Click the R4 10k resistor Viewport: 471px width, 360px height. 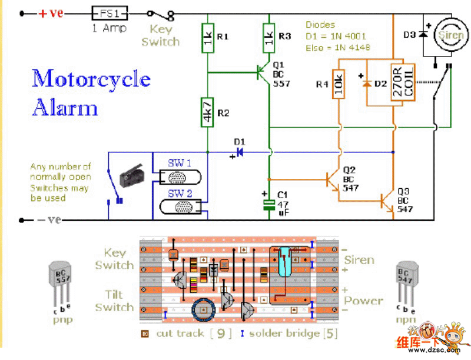pyautogui.click(x=339, y=84)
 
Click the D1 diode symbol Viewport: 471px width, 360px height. pyautogui.click(x=239, y=152)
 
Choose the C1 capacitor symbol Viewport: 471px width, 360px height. pyautogui.click(x=269, y=204)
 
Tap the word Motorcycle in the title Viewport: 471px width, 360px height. pyautogui.click(x=91, y=79)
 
